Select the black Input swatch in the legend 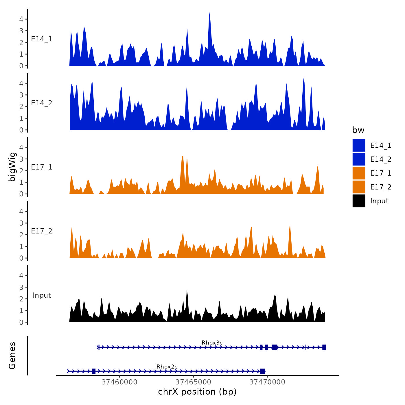pyautogui.click(x=359, y=201)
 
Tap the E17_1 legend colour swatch pyautogui.click(x=359, y=173)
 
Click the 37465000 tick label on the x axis pyautogui.click(x=193, y=382)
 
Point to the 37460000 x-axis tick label pyautogui.click(x=119, y=382)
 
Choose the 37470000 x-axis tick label pyautogui.click(x=267, y=382)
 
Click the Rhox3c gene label pyautogui.click(x=212, y=343)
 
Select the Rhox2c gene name pyautogui.click(x=167, y=367)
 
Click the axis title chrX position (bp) pyautogui.click(x=197, y=392)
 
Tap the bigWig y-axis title pyautogui.click(x=12, y=167)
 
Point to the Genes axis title pyautogui.click(x=12, y=356)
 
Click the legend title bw pyautogui.click(x=358, y=130)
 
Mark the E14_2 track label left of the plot pyautogui.click(x=42, y=103)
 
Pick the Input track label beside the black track pyautogui.click(x=42, y=295)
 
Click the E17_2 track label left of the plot pyautogui.click(x=42, y=231)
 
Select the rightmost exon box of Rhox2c pyautogui.click(x=263, y=371)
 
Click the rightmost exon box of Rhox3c pyautogui.click(x=324, y=347)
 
